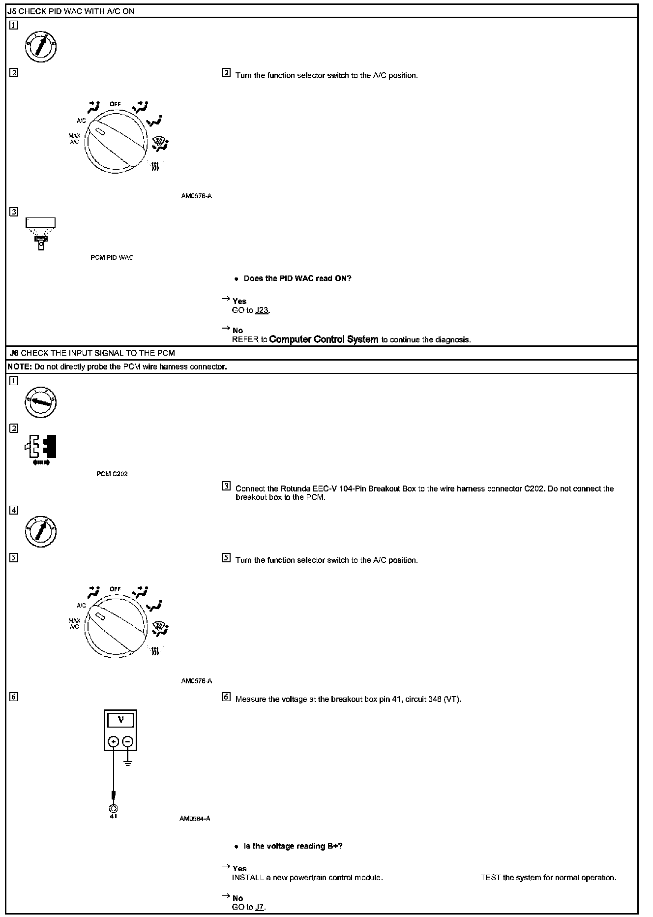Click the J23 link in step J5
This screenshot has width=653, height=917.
click(x=262, y=310)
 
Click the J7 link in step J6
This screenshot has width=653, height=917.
click(x=260, y=907)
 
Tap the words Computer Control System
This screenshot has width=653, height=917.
click(x=324, y=339)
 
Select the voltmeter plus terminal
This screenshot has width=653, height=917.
click(x=114, y=741)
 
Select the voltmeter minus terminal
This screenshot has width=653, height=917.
click(x=128, y=741)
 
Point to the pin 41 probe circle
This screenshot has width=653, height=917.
click(x=114, y=808)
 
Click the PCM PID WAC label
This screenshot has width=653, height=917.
click(x=112, y=257)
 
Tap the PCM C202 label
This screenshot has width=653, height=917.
click(x=112, y=474)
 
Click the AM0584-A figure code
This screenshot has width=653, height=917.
click(x=195, y=819)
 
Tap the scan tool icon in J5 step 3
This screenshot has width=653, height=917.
click(x=41, y=233)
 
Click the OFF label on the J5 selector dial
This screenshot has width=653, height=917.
click(x=115, y=104)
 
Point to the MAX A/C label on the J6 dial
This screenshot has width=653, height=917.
click(x=74, y=623)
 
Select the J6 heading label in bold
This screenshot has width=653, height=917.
click(x=14, y=353)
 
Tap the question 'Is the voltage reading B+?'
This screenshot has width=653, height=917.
click(x=293, y=846)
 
